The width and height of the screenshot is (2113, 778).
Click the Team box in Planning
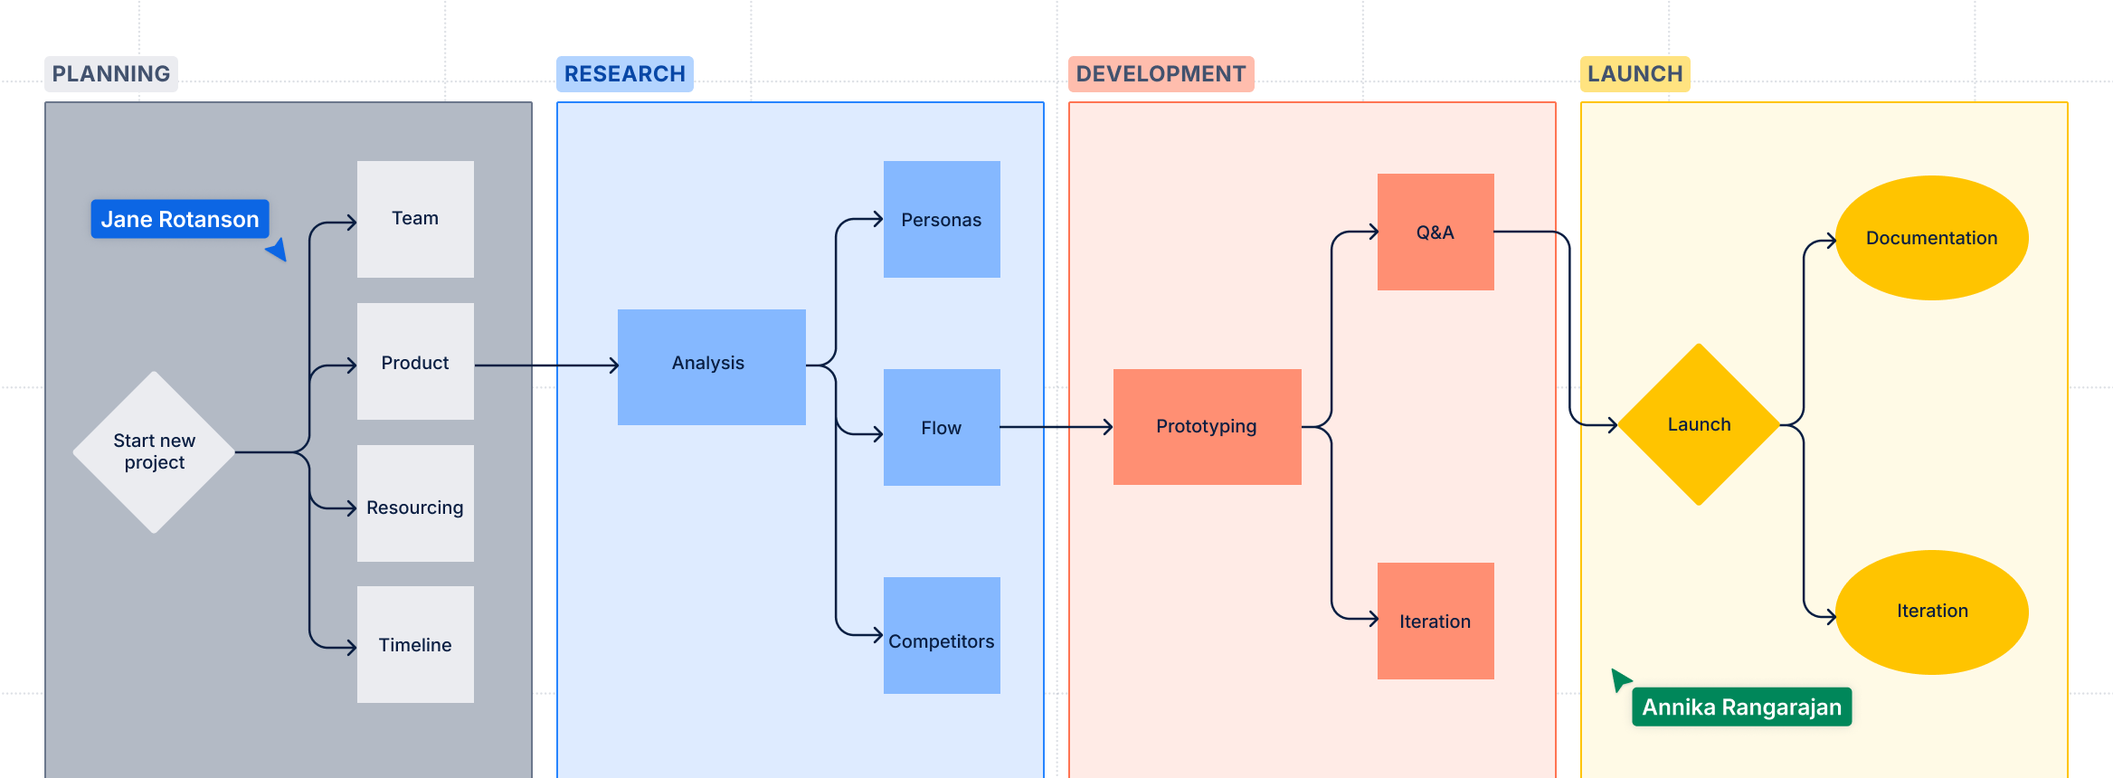coord(415,219)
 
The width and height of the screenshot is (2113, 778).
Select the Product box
coord(415,361)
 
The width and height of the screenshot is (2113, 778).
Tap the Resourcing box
coord(415,503)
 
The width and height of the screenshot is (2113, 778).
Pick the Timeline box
coord(415,644)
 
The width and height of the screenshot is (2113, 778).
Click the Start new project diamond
coord(155,452)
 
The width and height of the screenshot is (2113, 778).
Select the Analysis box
coord(711,366)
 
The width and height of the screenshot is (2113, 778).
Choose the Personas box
coord(942,219)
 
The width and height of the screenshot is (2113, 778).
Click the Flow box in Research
coord(942,427)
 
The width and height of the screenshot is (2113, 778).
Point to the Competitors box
coord(942,635)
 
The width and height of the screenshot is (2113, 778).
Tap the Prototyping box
coord(1207,426)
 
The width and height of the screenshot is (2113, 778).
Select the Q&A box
coord(1436,232)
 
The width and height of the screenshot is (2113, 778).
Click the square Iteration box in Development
coord(1436,621)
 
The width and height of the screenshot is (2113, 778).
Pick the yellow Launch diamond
coord(1699,424)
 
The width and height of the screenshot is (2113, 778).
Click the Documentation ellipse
coord(1931,238)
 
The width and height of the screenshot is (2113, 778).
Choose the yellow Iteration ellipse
coord(1931,612)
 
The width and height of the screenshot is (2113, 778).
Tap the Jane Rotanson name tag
coord(180,219)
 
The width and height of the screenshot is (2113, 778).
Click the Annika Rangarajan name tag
coord(1741,707)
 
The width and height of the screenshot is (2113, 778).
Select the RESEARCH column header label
coord(624,74)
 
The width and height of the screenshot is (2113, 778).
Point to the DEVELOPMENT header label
coord(1161,74)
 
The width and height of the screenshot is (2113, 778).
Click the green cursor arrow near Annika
coord(1620,678)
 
